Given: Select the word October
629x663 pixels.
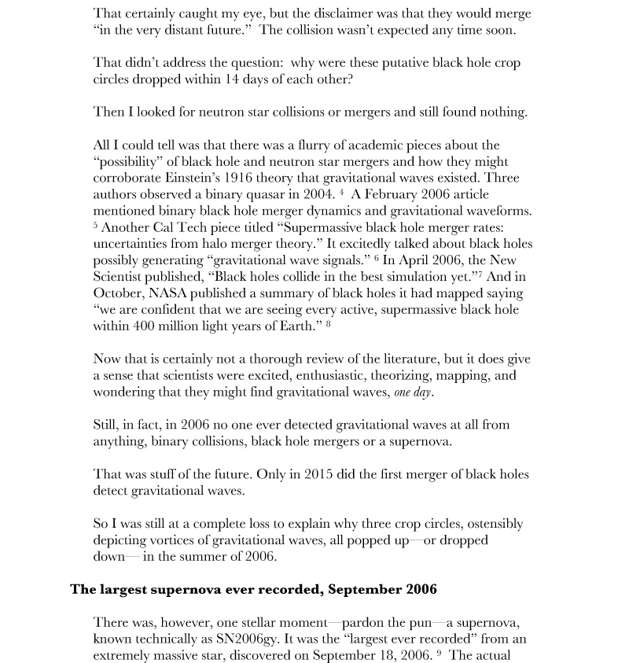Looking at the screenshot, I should tap(117, 293).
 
